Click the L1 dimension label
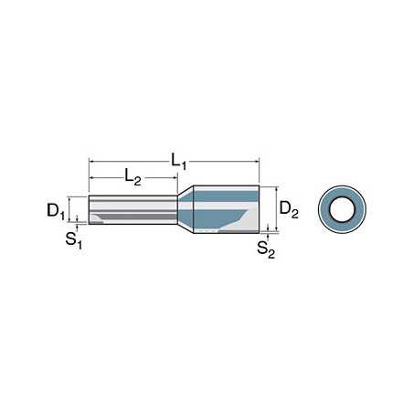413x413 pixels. click(x=176, y=161)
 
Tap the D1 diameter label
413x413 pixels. click(x=56, y=212)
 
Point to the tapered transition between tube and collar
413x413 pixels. click(x=185, y=209)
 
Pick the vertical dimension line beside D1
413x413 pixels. click(x=77, y=210)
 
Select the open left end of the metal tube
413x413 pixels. click(x=90, y=211)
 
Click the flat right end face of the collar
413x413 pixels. click(x=259, y=208)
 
